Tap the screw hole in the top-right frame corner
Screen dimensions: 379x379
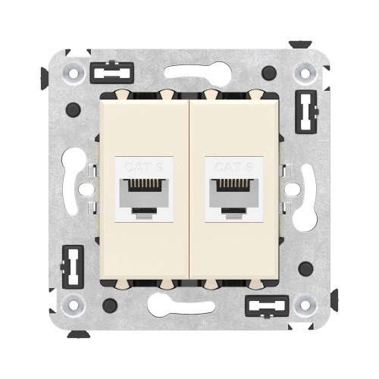pos(305,74)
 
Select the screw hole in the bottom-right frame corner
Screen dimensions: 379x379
pos(305,306)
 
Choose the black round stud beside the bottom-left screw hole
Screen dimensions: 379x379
pos(110,305)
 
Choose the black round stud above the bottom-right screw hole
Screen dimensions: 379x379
pos(305,269)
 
